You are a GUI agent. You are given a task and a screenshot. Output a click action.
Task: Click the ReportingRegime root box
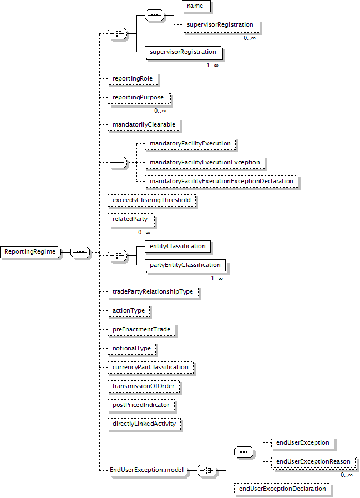[31, 252]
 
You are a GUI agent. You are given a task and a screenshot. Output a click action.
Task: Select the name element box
[196, 6]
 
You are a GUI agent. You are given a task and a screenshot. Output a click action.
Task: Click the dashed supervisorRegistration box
[221, 25]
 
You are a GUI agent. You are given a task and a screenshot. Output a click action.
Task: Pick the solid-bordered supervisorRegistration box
[184, 52]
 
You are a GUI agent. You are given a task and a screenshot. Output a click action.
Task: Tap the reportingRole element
[133, 79]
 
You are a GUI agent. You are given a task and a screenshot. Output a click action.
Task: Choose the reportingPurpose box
[139, 98]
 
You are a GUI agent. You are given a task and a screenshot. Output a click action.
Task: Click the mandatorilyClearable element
[144, 125]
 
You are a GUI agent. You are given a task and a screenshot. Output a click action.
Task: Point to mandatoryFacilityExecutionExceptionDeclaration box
[221, 182]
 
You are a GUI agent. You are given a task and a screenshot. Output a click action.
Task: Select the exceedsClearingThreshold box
[152, 200]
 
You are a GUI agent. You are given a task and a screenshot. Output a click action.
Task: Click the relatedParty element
[131, 219]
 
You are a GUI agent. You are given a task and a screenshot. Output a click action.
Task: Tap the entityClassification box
[178, 247]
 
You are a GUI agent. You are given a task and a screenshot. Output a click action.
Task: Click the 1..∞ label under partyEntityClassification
[217, 279]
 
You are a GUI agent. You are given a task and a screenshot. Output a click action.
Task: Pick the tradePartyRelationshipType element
[153, 292]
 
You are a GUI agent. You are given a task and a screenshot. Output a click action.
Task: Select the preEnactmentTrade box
[141, 330]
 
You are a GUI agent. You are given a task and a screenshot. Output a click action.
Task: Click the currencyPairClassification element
[150, 368]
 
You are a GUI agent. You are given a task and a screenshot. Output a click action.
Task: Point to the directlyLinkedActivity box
[144, 424]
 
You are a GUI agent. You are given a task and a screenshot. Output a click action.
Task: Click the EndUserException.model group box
[148, 470]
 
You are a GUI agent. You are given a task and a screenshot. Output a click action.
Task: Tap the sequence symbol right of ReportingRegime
[80, 252]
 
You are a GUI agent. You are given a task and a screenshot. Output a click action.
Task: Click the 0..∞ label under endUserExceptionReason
[347, 475]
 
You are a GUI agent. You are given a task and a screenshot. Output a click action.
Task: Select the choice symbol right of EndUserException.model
[207, 470]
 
